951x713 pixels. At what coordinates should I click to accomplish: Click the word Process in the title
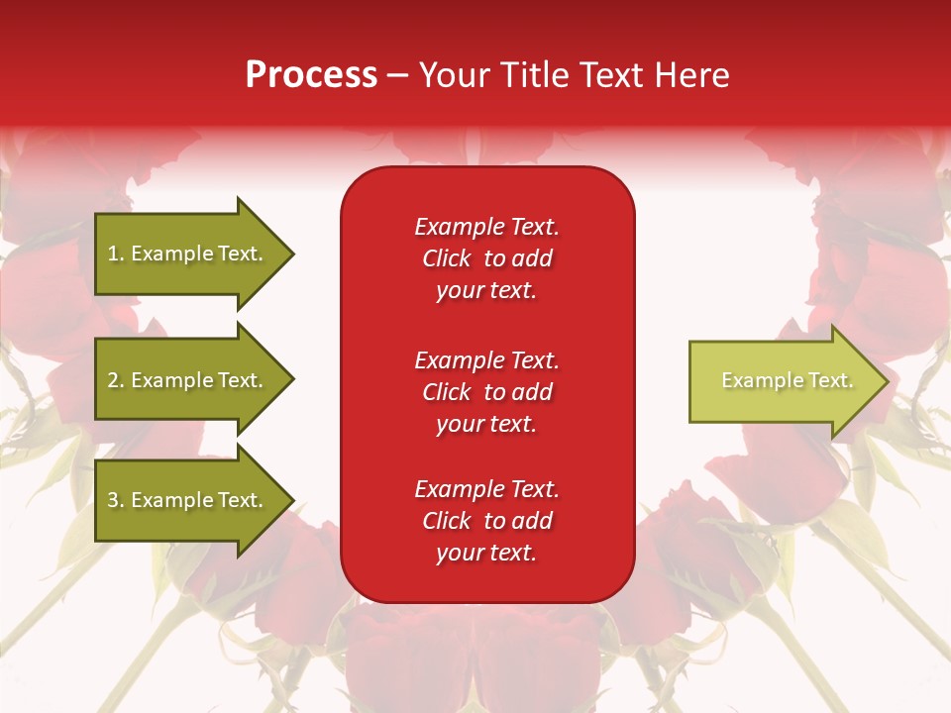(x=311, y=75)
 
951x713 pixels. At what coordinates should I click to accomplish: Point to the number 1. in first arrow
(x=116, y=254)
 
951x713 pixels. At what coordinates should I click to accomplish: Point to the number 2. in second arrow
(x=116, y=380)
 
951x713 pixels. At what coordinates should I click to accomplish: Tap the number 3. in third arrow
(x=116, y=500)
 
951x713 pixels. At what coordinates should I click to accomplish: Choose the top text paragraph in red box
(x=486, y=258)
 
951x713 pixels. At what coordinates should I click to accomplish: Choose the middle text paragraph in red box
(x=486, y=392)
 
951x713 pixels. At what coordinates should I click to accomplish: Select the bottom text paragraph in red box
(x=486, y=521)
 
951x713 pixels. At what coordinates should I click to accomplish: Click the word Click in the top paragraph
(x=446, y=259)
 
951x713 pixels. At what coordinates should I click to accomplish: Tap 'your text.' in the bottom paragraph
(x=486, y=554)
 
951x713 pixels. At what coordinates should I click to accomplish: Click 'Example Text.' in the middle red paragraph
(x=486, y=359)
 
